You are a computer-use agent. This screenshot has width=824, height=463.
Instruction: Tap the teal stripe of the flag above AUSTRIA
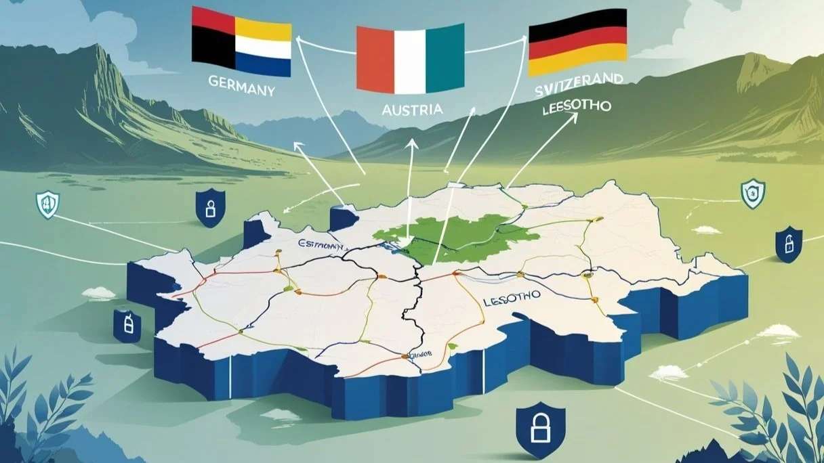click(445, 60)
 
